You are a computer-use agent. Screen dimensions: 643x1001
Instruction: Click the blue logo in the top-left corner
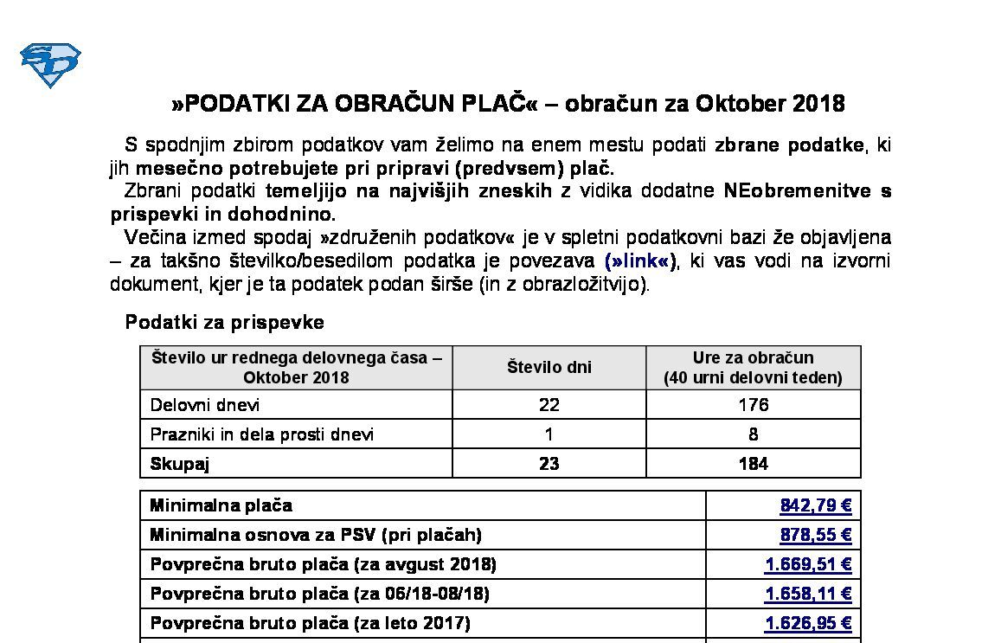[50, 65]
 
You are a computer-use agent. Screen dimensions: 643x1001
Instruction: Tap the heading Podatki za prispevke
[225, 322]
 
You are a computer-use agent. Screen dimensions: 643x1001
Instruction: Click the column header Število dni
[549, 367]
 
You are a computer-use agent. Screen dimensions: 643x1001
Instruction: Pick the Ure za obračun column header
[753, 367]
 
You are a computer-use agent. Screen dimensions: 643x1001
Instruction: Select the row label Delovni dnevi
[205, 405]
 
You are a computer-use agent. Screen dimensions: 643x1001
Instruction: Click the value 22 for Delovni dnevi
[549, 405]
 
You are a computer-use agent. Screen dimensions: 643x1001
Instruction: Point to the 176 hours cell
[753, 405]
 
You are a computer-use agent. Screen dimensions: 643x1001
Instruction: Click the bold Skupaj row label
[180, 464]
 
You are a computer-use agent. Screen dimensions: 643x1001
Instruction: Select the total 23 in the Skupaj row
[549, 464]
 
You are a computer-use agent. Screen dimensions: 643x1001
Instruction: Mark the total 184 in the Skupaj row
[753, 464]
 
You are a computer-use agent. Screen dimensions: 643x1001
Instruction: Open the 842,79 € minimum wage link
[815, 505]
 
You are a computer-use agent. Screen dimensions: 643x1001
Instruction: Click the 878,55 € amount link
[815, 535]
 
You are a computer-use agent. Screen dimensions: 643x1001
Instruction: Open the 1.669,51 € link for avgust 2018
[808, 564]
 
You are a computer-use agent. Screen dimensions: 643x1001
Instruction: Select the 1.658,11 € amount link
[808, 594]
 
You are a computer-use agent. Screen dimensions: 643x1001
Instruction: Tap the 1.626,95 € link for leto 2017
[808, 623]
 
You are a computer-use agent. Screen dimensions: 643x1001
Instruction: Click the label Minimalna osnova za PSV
[316, 535]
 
